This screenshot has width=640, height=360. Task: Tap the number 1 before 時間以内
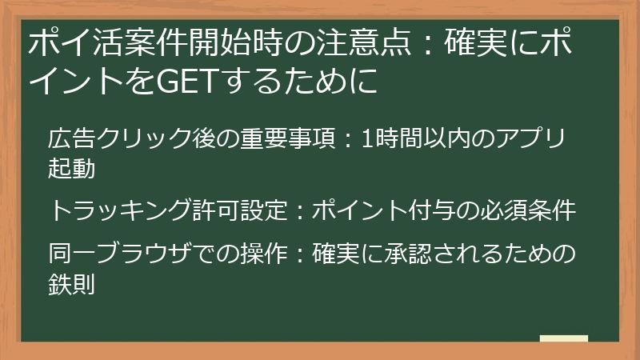pyautogui.click(x=367, y=138)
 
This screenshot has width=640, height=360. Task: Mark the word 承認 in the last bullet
pyautogui.click(x=400, y=254)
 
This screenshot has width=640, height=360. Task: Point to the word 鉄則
pyautogui.click(x=72, y=284)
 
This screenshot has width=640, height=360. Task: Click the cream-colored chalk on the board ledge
pyautogui.click(x=563, y=338)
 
